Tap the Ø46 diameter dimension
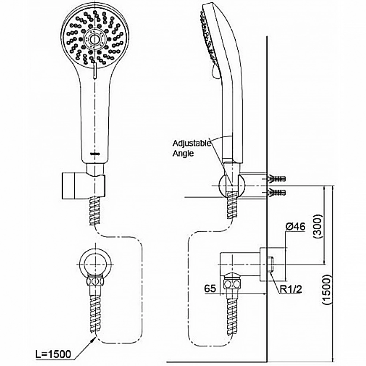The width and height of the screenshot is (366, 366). [x=295, y=227]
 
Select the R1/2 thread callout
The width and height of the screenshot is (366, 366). [x=291, y=290]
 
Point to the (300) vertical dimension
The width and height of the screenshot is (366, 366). [x=318, y=227]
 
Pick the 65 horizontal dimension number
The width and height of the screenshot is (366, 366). [x=210, y=289]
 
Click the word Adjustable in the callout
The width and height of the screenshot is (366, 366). [x=192, y=143]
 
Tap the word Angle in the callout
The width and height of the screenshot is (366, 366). [x=183, y=154]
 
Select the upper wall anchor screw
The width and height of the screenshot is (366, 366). [x=277, y=179]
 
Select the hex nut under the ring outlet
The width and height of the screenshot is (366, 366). [x=95, y=281]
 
